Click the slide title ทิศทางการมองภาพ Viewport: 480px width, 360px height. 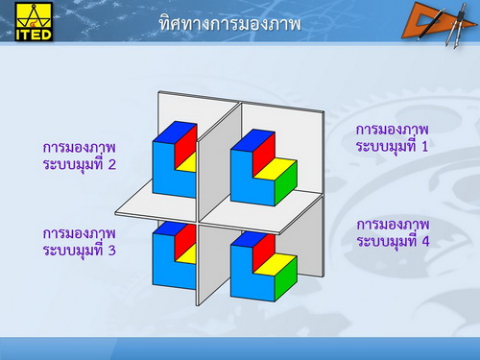pyautogui.click(x=229, y=24)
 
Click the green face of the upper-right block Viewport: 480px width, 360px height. pyautogui.click(x=286, y=186)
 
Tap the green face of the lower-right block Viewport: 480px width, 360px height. pyautogui.click(x=285, y=281)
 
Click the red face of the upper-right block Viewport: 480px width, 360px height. pyautogui.click(x=264, y=150)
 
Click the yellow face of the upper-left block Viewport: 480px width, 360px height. pyautogui.click(x=187, y=163)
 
